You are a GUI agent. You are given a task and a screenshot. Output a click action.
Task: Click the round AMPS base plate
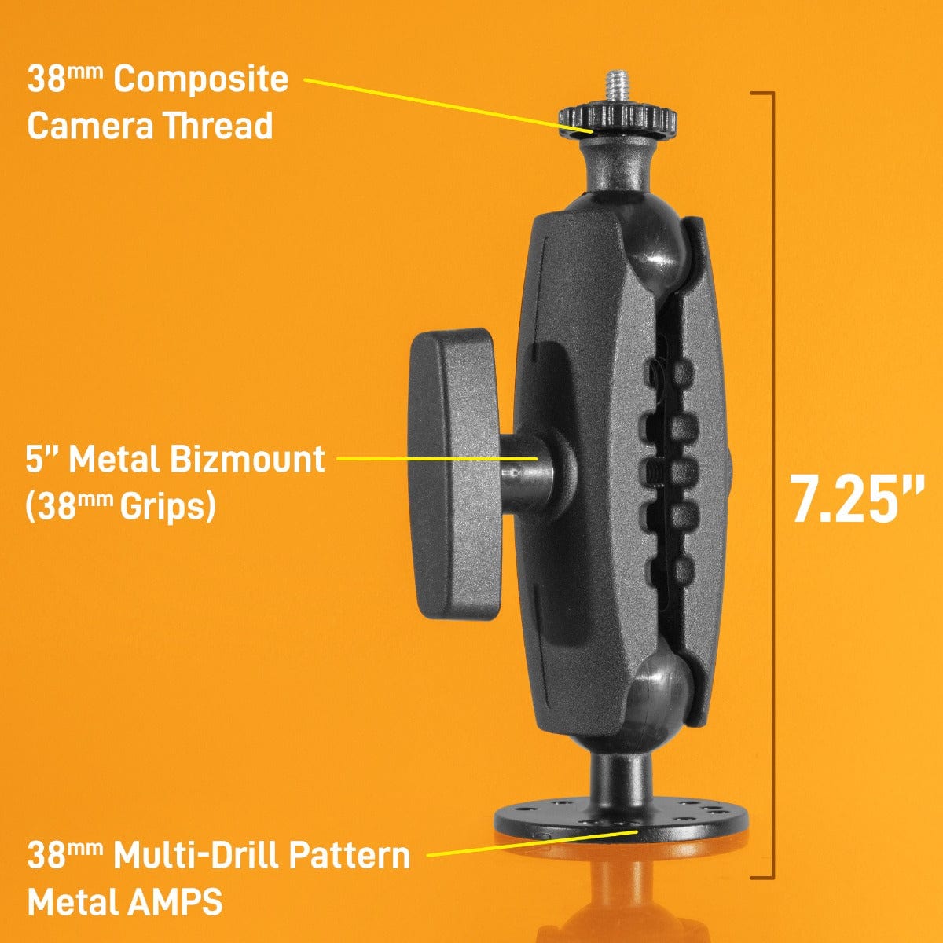621,817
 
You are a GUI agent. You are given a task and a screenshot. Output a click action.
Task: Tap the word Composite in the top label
201,79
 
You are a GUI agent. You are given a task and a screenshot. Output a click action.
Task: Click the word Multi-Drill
195,856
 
